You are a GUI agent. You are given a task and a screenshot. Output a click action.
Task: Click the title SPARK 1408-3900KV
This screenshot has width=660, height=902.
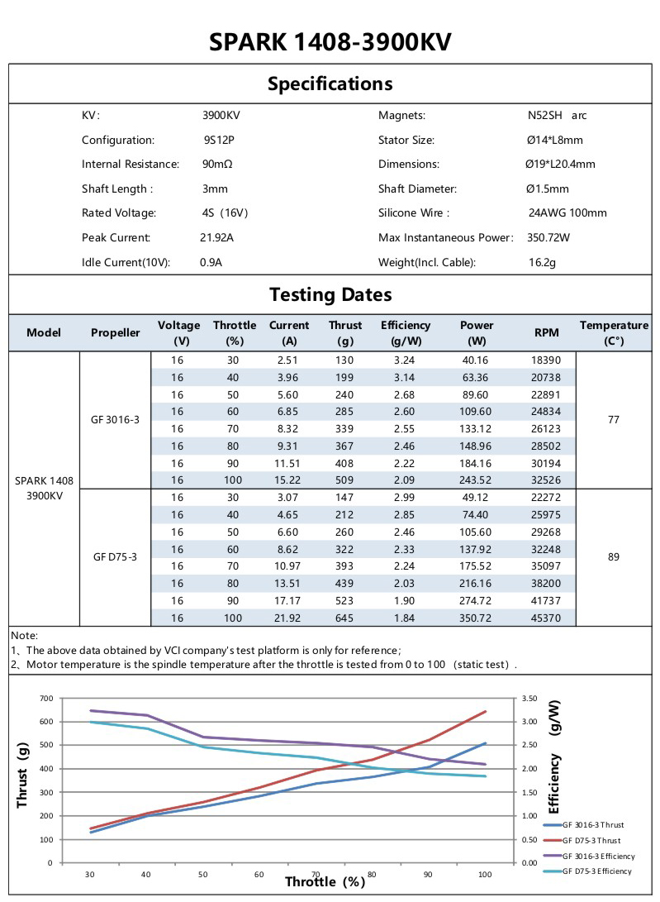click(x=330, y=42)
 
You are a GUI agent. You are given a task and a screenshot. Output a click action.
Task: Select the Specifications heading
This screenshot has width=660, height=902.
click(x=330, y=84)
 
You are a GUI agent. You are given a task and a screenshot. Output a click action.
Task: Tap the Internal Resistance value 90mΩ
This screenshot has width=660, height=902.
click(x=217, y=164)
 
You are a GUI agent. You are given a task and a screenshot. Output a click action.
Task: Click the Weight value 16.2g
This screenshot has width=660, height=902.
click(x=542, y=262)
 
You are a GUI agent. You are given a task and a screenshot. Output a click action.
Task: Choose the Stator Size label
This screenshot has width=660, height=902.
click(x=406, y=140)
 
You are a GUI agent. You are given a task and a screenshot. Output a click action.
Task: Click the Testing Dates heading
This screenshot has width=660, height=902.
click(x=330, y=294)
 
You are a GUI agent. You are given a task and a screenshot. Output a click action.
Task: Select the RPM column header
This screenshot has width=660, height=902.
click(x=547, y=332)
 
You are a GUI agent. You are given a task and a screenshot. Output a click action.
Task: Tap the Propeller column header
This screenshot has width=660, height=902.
click(x=116, y=332)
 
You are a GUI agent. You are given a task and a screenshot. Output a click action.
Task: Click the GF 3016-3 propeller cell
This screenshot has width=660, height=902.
click(x=116, y=419)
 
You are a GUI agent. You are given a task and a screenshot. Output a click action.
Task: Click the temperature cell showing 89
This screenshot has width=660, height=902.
click(x=614, y=557)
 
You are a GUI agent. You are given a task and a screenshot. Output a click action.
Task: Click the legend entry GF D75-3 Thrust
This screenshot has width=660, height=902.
click(x=591, y=840)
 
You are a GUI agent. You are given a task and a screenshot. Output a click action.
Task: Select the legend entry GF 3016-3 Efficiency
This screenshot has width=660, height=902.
click(x=596, y=855)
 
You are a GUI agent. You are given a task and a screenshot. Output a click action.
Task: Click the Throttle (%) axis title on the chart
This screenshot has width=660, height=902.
click(x=325, y=881)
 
